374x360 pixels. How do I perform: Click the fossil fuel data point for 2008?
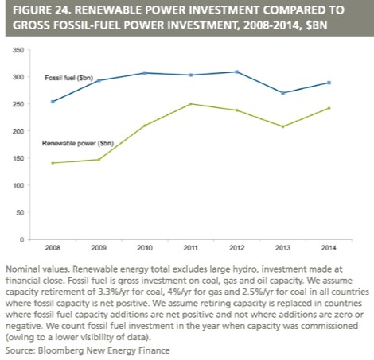tap(53, 102)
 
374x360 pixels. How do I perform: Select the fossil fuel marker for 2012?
tap(237, 72)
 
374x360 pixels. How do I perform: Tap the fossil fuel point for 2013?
tap(283, 93)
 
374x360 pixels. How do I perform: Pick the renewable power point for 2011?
tap(191, 104)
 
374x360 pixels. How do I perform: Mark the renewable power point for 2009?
tap(99, 160)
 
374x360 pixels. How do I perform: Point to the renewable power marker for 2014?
tap(329, 108)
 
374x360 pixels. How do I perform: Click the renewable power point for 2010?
tap(145, 126)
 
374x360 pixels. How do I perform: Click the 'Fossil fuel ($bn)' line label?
tap(68, 78)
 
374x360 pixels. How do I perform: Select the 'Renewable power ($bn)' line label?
tap(78, 143)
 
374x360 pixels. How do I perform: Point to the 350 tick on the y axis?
tap(18, 50)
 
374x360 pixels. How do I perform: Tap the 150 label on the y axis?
tap(18, 158)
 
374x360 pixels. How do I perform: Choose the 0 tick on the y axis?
tap(21, 240)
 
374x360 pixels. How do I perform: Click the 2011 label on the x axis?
tap(191, 248)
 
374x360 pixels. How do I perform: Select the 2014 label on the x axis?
tap(329, 248)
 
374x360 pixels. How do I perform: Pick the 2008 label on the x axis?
tap(53, 248)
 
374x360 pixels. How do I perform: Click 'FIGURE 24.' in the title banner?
tap(42, 10)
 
